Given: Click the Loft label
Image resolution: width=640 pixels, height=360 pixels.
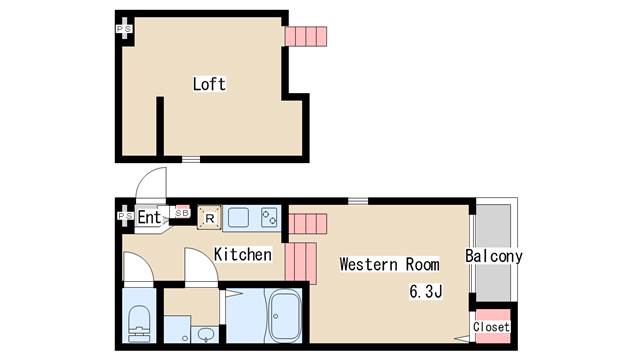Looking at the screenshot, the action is tap(209, 84).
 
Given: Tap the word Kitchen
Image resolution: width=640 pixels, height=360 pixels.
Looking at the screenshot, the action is tap(243, 254).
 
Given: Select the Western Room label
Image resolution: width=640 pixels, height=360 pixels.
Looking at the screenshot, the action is tap(389, 264).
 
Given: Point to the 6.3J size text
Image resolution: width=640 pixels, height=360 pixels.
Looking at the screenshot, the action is tap(426, 291).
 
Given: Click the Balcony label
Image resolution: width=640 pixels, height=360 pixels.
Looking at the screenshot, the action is tap(494, 256).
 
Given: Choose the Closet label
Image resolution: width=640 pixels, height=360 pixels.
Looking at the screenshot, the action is tap(491, 327).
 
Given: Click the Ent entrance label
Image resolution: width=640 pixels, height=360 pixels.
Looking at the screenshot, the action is tap(149, 217).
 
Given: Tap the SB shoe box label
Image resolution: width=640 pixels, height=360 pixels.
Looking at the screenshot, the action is tap(182, 213).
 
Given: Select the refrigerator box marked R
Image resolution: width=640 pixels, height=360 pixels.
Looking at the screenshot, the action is tap(209, 218).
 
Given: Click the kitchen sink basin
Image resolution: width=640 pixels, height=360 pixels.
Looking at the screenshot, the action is tap(238, 217).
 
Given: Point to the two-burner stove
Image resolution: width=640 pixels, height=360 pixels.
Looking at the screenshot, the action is tap(269, 218).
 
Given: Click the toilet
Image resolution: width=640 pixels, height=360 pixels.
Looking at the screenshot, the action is tap(140, 323).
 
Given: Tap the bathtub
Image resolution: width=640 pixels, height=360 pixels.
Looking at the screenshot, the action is tap(285, 316).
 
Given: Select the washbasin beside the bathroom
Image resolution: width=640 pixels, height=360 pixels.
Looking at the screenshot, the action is tap(205, 335).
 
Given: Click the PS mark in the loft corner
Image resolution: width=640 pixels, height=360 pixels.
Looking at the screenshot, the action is tap(124, 29).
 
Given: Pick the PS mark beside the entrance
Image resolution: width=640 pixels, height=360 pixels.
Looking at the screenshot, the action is tap(125, 216).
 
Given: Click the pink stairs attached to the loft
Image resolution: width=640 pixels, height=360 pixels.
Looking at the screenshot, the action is tap(306, 36).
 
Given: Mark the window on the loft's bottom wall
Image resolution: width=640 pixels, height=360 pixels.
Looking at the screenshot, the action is tap(191, 160).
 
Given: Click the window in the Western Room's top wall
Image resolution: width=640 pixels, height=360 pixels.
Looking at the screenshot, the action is tap(358, 201).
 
